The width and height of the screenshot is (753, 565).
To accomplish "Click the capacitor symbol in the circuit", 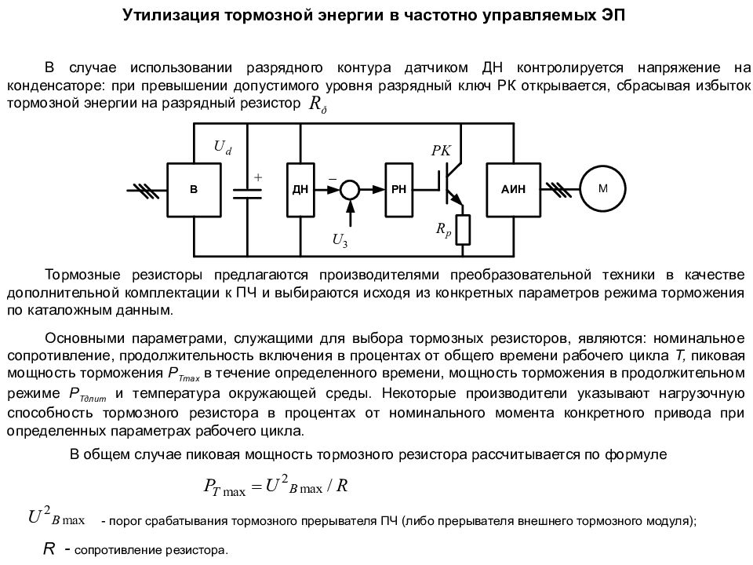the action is tap(247, 194).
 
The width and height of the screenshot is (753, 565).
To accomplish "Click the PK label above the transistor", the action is tap(441, 151).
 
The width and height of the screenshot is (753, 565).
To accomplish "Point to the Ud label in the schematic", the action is tap(222, 147).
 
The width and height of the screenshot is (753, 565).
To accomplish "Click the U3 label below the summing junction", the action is tap(340, 240).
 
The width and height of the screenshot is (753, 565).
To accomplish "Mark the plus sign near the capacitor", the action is tap(258, 177).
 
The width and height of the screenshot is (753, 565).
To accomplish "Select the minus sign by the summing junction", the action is tap(333, 180).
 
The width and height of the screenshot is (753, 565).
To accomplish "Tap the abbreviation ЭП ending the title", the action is tap(613, 15).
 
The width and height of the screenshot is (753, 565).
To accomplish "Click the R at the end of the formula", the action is tap(342, 486).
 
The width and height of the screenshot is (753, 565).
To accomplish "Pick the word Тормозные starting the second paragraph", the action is tap(82, 275).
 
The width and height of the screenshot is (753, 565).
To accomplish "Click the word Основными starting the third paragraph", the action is tap(85, 338).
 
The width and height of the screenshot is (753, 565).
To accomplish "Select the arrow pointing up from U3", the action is tap(350, 213).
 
